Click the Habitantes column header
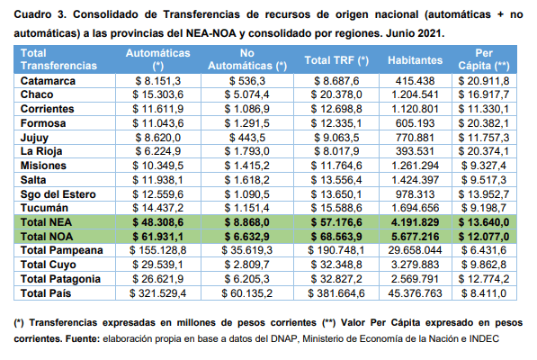[x=415, y=60]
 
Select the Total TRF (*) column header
[x=336, y=60]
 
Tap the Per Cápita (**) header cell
[x=484, y=59]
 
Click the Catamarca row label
[x=48, y=81]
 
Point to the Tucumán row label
[x=44, y=208]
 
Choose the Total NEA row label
[x=46, y=222]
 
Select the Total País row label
[x=46, y=293]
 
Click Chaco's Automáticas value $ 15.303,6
[x=158, y=94]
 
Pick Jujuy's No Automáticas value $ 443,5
[x=247, y=138]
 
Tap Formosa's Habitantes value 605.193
[x=415, y=123]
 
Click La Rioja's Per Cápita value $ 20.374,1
[x=484, y=151]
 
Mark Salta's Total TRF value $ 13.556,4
[x=336, y=180]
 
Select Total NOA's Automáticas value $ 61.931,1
[x=158, y=237]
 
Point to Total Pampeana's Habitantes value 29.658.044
[x=415, y=250]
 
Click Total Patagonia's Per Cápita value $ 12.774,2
[x=484, y=279]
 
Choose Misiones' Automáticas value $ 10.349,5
[x=158, y=166]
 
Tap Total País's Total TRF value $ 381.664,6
[x=336, y=293]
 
